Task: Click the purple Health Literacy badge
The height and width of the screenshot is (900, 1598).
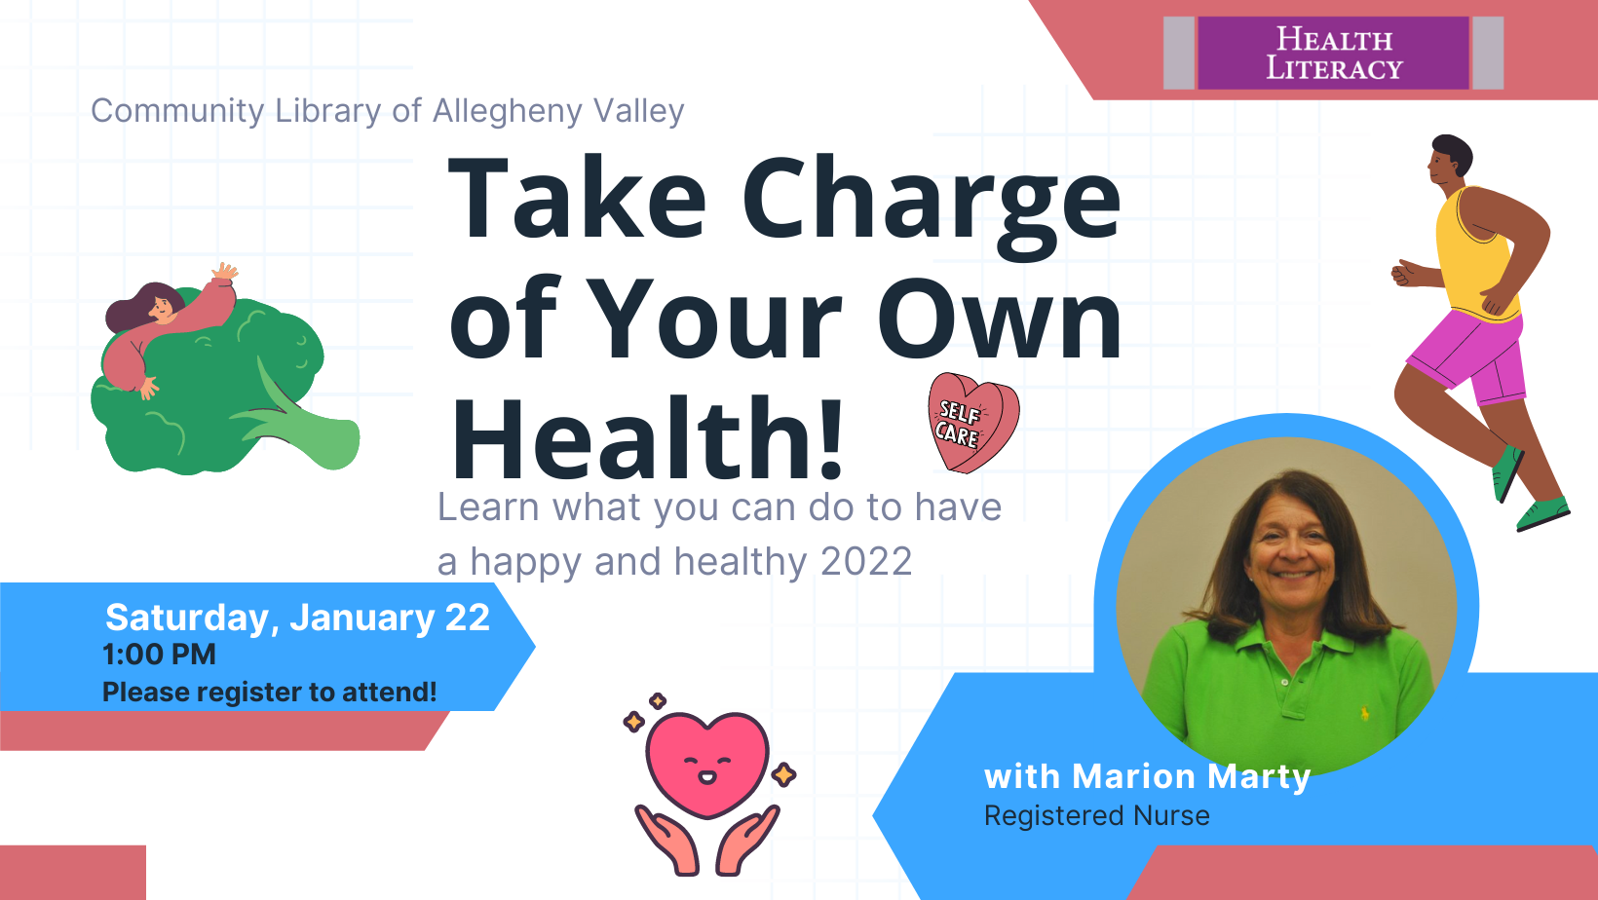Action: coord(1333,53)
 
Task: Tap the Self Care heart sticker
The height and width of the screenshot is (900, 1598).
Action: coord(973,422)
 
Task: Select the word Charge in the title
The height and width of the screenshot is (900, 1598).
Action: coord(932,199)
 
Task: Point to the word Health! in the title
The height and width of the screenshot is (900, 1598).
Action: coord(648,437)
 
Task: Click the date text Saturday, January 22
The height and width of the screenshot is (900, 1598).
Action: coord(297,617)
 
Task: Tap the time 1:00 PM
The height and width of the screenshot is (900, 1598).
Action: coord(159,655)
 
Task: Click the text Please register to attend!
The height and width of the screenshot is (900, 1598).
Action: coord(270,692)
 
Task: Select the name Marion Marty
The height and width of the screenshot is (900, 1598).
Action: coord(1191,776)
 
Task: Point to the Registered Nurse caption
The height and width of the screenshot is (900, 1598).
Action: coord(1096,815)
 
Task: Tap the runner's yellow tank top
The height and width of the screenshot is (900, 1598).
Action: coord(1475,253)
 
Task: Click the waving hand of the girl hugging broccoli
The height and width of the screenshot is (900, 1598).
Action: coord(225,272)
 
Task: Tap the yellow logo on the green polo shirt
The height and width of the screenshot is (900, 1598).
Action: coord(1365,712)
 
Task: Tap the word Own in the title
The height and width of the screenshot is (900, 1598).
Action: coord(1000,319)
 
